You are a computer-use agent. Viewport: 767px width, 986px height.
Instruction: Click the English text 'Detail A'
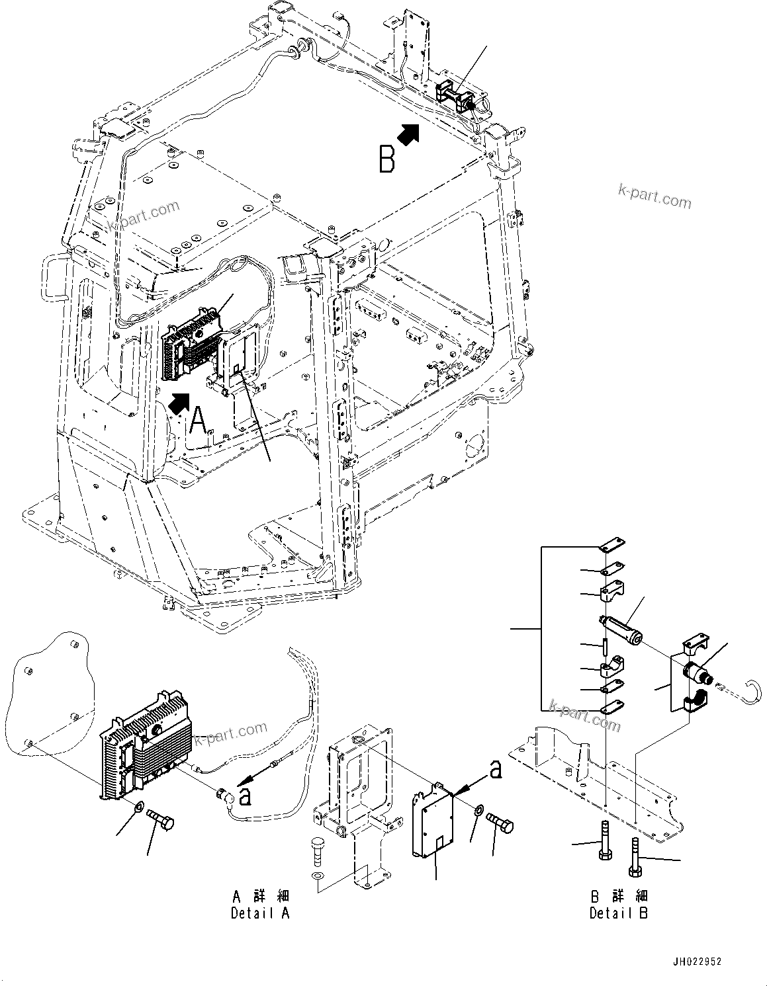pos(260,913)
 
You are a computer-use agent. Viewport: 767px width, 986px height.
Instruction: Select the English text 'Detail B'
pos(619,913)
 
